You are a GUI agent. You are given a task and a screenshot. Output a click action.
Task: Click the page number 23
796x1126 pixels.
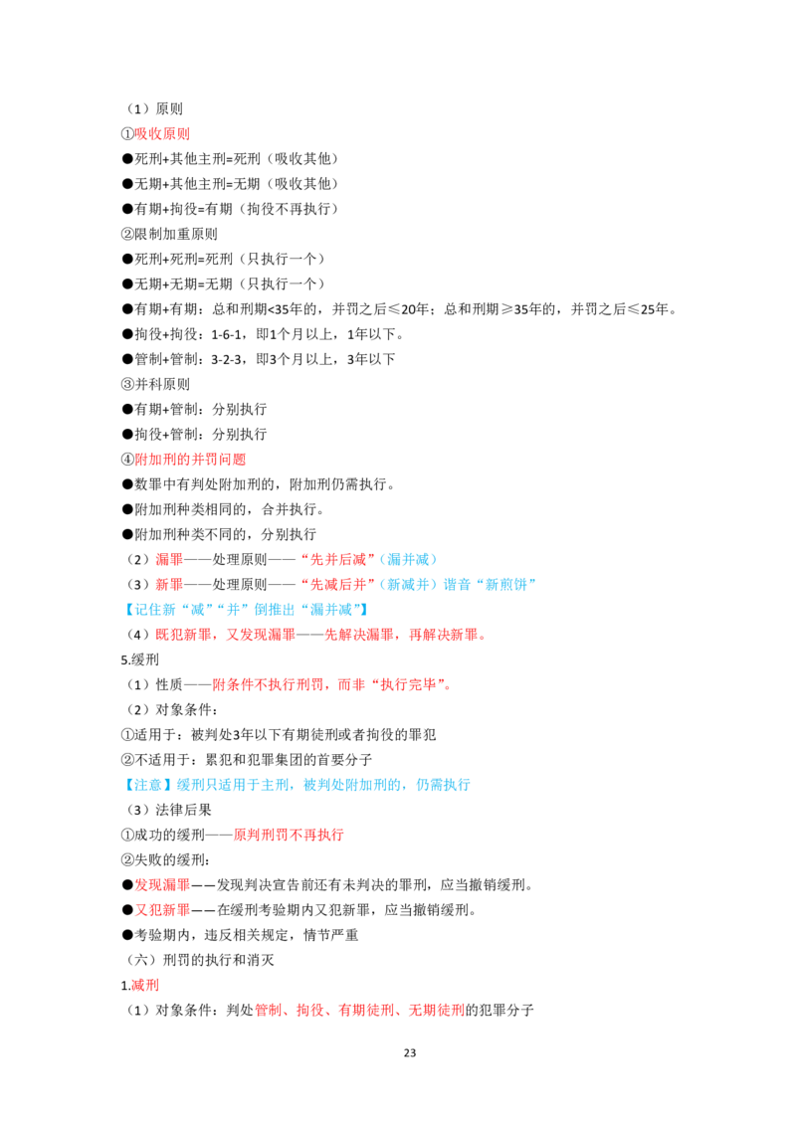[410, 1052]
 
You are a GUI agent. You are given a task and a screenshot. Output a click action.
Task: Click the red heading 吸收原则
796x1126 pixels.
[162, 133]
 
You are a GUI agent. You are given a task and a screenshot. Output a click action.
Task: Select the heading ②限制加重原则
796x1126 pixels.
[169, 234]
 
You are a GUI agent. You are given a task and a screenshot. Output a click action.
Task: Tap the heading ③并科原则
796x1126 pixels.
[155, 384]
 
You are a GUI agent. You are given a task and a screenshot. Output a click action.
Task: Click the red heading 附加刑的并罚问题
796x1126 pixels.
[190, 460]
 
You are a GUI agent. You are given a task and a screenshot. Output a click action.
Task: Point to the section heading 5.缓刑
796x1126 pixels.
[140, 659]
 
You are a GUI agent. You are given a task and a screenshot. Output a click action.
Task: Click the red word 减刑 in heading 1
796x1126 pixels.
[145, 985]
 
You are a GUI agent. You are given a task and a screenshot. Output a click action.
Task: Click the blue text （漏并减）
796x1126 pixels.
[407, 559]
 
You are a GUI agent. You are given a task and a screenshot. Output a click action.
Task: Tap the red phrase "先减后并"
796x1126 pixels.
[337, 585]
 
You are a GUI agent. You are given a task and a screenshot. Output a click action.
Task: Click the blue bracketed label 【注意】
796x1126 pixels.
[148, 785]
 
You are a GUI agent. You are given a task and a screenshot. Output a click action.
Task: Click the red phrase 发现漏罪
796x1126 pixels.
[162, 885]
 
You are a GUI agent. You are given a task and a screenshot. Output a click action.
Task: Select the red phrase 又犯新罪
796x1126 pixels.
[162, 910]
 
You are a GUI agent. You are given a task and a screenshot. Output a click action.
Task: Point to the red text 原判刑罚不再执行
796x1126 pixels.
[289, 836]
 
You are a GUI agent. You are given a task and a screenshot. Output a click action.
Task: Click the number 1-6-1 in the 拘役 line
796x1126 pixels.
[226, 334]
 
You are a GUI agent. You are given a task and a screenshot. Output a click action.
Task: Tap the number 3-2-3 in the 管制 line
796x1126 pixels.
[226, 360]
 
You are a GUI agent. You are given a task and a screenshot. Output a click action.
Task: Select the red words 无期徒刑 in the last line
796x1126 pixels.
[437, 1011]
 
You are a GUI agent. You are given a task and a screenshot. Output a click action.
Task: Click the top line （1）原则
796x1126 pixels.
[155, 109]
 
